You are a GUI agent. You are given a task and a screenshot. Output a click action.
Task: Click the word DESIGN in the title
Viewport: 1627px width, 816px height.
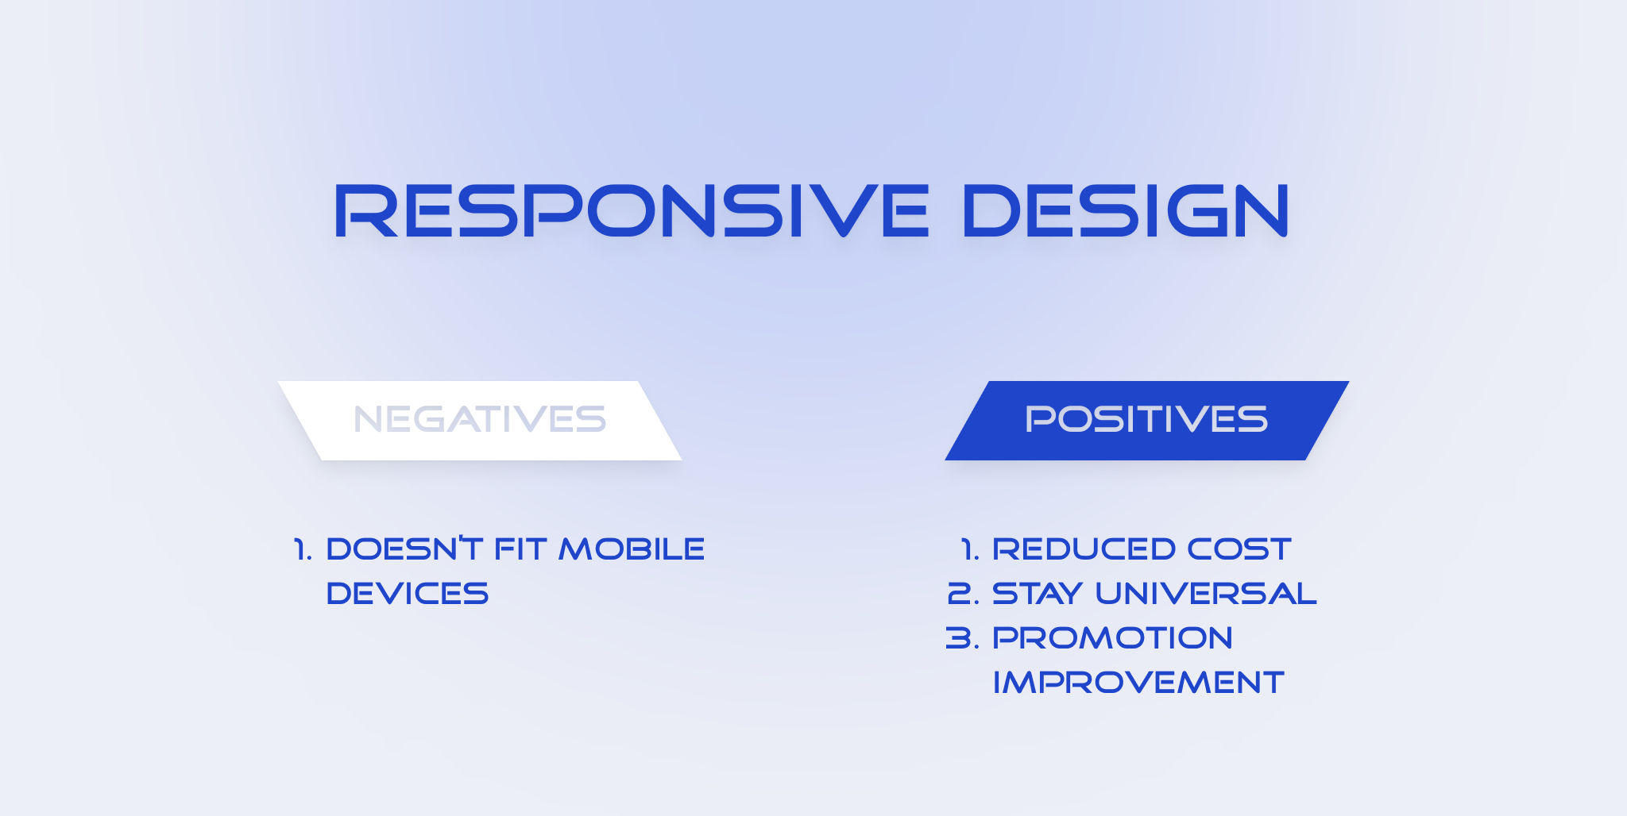point(1125,211)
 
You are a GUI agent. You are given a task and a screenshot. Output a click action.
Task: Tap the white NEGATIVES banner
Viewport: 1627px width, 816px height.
point(480,420)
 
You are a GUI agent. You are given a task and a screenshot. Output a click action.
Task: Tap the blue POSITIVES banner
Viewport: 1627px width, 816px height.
point(1146,420)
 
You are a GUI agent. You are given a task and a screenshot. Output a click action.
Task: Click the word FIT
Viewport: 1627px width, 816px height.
point(520,549)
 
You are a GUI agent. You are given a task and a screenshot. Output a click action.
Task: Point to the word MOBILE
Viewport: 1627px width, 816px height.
point(632,549)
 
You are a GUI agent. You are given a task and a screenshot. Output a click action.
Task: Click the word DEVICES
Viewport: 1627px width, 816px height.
point(407,594)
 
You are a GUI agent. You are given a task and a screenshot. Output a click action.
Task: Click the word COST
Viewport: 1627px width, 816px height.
point(1239,549)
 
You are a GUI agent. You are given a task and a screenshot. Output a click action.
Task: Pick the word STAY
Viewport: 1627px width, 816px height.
point(1038,594)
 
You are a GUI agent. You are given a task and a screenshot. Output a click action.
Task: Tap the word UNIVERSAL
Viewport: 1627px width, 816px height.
point(1205,594)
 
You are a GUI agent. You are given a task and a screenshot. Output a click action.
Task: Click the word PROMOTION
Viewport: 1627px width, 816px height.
point(1112,638)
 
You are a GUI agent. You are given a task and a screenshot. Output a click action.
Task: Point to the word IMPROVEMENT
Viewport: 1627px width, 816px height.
point(1138,683)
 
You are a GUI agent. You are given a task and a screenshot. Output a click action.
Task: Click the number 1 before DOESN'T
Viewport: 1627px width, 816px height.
point(300,549)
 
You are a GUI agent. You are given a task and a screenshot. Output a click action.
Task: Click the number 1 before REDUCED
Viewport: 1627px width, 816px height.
point(968,549)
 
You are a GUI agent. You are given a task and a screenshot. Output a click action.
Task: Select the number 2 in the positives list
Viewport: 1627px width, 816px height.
point(959,594)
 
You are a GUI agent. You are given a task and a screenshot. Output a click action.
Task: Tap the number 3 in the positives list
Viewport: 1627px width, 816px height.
point(958,638)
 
